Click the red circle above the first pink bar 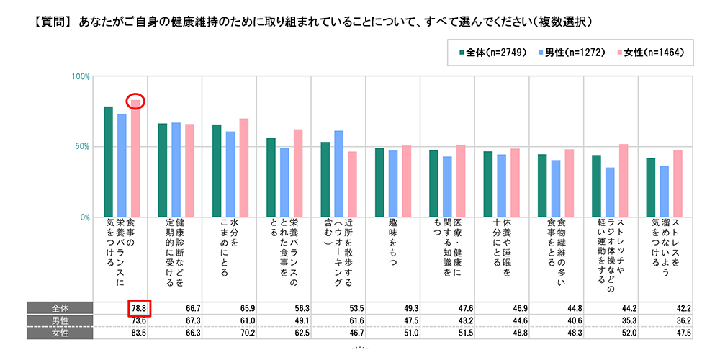[x=135, y=102]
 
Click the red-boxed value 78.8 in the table [x=140, y=308]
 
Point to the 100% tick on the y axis [x=81, y=76]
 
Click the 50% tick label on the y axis [x=82, y=147]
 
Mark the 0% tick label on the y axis [x=84, y=217]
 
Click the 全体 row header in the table [x=60, y=308]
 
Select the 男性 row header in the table [x=60, y=320]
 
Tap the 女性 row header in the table [x=60, y=333]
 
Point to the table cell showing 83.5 [x=140, y=333]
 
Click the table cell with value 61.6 [x=356, y=320]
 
